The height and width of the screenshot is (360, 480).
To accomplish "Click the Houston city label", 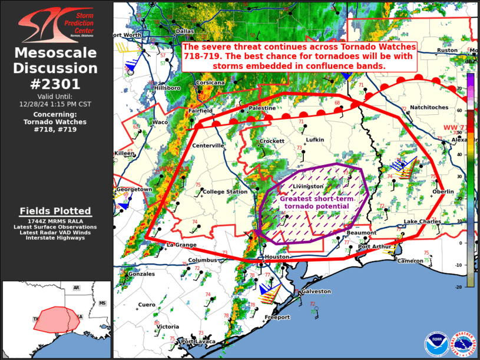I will tap(277, 257).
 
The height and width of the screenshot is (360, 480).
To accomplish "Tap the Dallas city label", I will tap(184, 31).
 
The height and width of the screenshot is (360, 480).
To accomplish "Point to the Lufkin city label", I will tap(315, 140).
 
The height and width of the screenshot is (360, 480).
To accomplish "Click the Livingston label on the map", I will tap(309, 186).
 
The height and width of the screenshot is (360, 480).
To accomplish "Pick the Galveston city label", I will tap(316, 291).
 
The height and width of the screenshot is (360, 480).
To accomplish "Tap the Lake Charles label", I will tap(418, 222).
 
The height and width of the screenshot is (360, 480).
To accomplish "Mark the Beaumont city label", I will tap(361, 233).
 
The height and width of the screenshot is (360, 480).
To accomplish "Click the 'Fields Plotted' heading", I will tap(55, 211).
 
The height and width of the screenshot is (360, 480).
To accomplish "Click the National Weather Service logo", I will tap(463, 344).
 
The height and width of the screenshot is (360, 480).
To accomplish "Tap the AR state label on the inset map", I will tap(76, 288).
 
